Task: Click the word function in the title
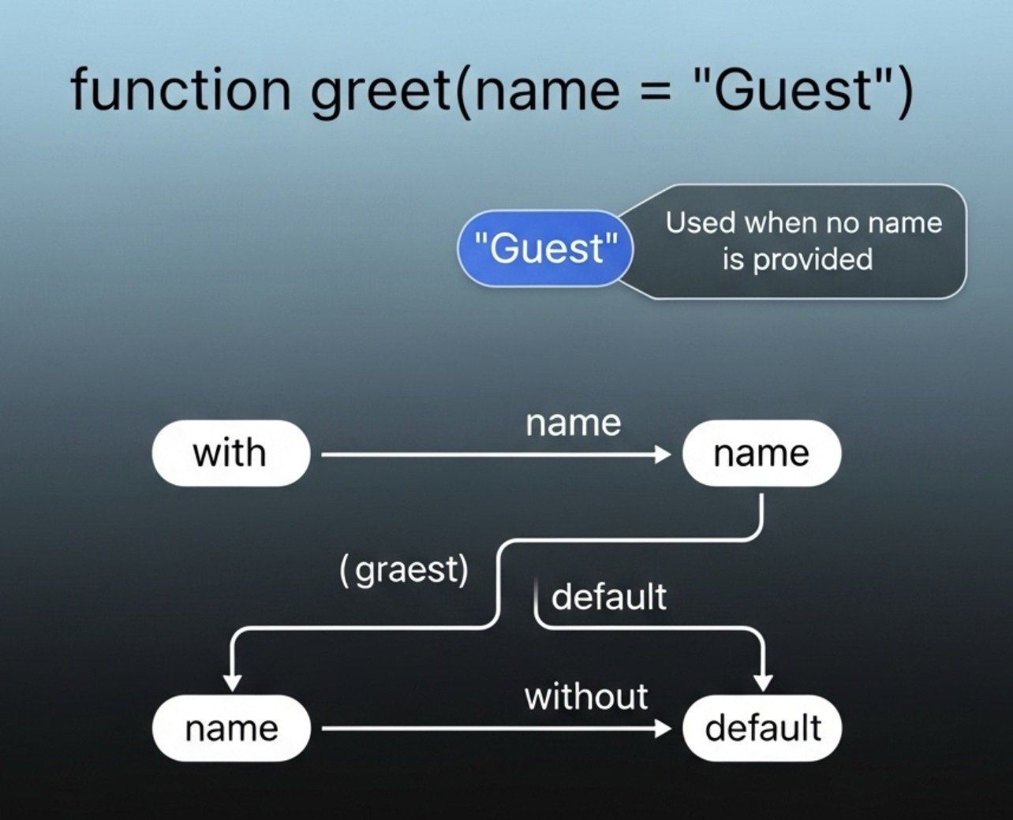tap(181, 89)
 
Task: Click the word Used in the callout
tap(701, 223)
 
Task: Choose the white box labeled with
tap(230, 453)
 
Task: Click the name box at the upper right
tap(761, 453)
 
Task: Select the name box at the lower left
tap(231, 729)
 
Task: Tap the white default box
tap(762, 729)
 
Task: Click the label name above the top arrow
tap(574, 423)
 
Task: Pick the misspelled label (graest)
tap(404, 569)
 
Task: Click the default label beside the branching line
tap(608, 597)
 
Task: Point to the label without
tap(586, 697)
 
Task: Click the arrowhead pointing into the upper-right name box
tap(663, 454)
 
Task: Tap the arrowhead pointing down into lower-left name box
tap(232, 682)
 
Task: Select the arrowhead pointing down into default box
tap(763, 682)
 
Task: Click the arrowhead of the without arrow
tap(663, 729)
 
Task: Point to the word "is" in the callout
tap(733, 259)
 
